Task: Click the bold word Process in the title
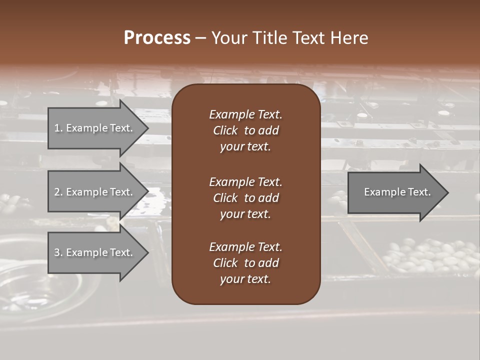[157, 38]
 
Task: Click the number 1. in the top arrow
[58, 128]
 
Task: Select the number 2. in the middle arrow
[58, 192]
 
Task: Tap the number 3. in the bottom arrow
[58, 252]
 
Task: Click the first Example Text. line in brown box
[245, 114]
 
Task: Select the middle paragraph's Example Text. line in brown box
[245, 181]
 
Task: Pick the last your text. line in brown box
[245, 279]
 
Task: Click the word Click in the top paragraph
[225, 130]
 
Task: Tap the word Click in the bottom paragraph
[225, 263]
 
